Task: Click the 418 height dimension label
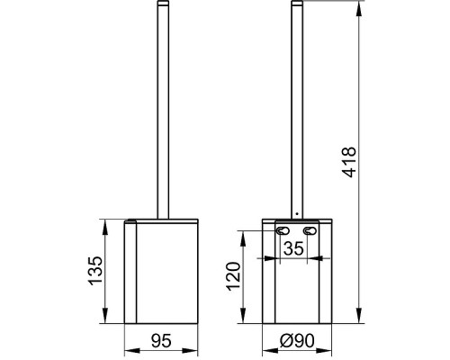pos(350,162)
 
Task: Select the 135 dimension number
pos(95,270)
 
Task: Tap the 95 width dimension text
pos(161,341)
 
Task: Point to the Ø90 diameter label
pos(297,341)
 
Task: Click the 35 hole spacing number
pos(293,248)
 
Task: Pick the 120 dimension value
pos(234,276)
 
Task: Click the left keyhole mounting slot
pos(283,230)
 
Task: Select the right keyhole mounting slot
pos(310,230)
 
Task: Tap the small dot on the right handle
pos(297,213)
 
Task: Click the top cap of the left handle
pos(163,3)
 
